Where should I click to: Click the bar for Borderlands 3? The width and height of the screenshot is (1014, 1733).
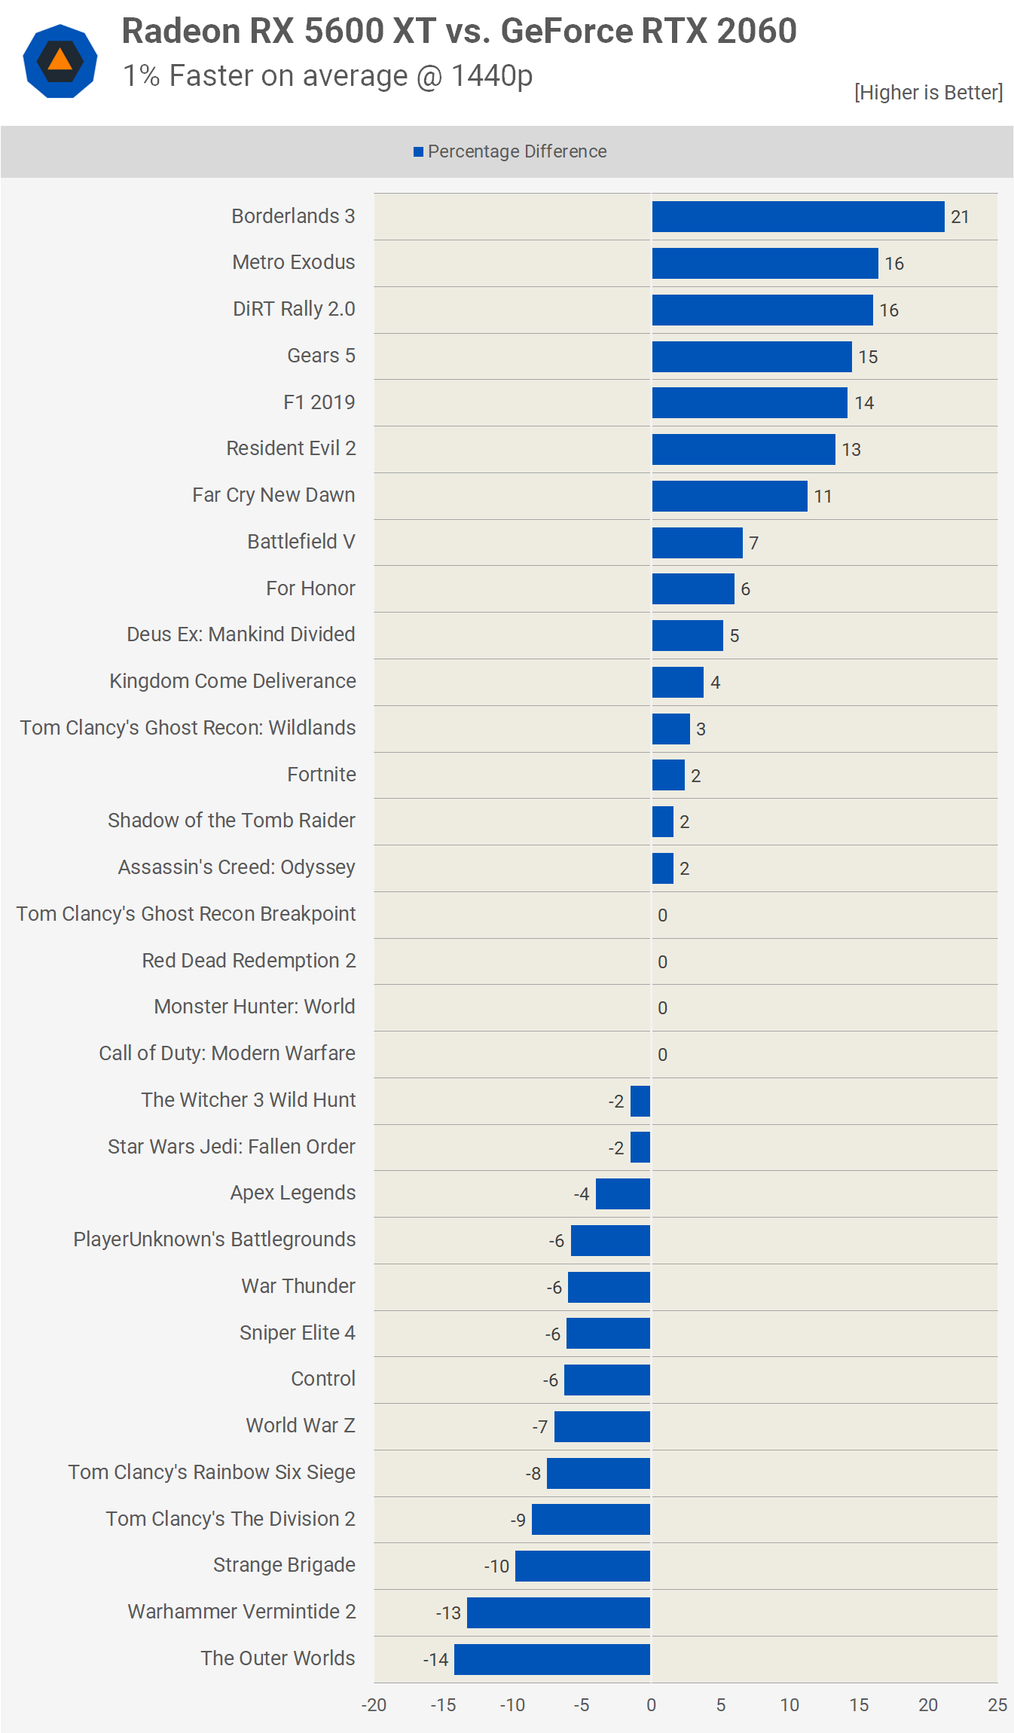tap(798, 217)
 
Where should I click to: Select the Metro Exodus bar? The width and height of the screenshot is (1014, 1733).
tap(765, 264)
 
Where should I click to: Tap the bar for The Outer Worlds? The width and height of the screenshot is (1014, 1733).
tap(552, 1659)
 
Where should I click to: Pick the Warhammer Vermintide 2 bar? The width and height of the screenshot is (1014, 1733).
tap(558, 1612)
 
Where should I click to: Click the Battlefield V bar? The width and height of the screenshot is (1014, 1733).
tap(697, 543)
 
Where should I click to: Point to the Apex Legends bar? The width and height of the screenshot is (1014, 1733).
tap(623, 1194)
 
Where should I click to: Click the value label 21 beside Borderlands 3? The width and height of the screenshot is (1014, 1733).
tap(960, 217)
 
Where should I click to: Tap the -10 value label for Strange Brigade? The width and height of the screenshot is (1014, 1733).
tap(496, 1566)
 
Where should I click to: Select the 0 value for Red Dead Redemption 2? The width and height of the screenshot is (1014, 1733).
tap(662, 961)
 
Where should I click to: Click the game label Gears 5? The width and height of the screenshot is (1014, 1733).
tap(321, 356)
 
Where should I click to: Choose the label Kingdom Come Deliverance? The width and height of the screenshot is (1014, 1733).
tap(233, 681)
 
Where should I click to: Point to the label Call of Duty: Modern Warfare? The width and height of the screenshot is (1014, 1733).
tap(227, 1053)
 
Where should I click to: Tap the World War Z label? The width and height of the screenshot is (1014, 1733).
tap(301, 1426)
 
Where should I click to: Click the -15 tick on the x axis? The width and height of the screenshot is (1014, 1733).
tap(443, 1705)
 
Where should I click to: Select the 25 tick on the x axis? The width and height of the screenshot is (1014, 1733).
tap(997, 1705)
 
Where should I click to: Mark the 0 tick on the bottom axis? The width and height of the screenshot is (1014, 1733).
tap(651, 1705)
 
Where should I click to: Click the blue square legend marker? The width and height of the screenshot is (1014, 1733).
tap(418, 152)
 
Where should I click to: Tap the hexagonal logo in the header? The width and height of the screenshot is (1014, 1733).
tap(60, 61)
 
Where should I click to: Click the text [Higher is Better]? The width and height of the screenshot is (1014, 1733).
tap(928, 93)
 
